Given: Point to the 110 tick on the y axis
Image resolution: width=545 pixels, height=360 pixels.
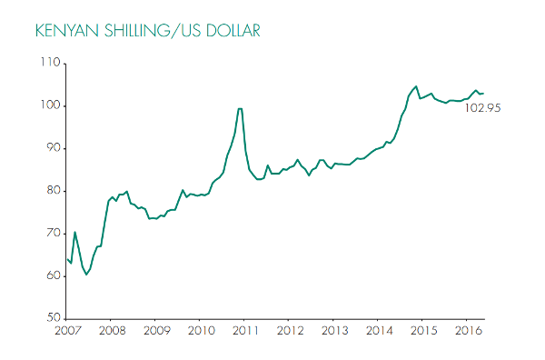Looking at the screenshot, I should (49, 63).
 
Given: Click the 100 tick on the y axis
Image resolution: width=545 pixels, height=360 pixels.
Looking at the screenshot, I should (49, 105).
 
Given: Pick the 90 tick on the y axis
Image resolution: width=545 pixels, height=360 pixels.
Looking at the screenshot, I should (51, 148).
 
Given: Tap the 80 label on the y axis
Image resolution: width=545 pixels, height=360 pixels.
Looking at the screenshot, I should (51, 191).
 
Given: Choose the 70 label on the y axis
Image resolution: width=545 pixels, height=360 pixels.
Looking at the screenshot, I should (51, 234).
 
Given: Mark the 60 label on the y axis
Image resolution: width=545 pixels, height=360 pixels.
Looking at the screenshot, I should (51, 276).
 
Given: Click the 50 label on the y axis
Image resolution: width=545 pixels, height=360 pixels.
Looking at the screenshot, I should (51, 318).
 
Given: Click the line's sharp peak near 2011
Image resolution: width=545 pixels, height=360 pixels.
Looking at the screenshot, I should (240, 109).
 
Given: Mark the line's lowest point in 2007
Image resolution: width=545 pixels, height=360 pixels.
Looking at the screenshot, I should (86, 275).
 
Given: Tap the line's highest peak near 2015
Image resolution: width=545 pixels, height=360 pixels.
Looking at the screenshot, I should (416, 86).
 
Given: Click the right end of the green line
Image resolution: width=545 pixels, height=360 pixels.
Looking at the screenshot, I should (484, 94).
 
